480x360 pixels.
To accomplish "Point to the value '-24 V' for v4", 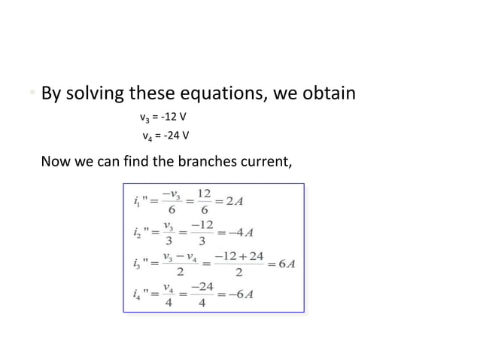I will point(174,136).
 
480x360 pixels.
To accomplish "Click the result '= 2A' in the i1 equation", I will point(234,202).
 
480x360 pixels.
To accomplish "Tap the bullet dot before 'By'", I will point(32,95).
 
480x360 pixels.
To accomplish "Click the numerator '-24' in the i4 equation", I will point(202,285).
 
